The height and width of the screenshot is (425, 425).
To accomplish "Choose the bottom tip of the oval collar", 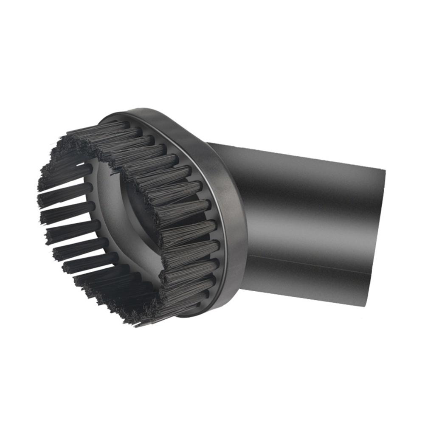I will [187, 316].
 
